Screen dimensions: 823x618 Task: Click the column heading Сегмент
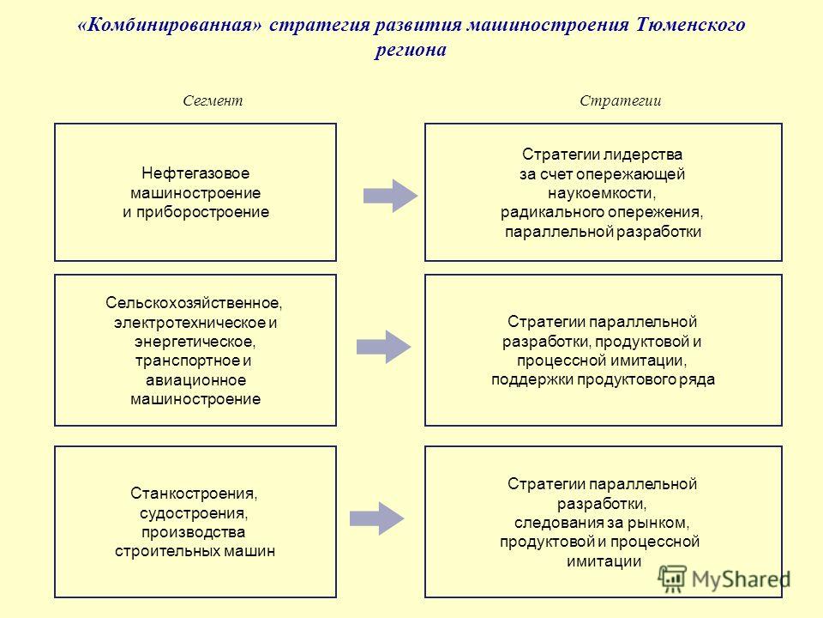point(213,100)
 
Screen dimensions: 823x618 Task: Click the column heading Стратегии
point(621,100)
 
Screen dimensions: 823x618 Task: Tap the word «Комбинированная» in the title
point(169,25)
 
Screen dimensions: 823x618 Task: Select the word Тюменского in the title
point(690,25)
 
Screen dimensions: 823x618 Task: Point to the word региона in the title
point(411,50)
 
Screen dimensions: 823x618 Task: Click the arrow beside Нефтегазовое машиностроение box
point(391,196)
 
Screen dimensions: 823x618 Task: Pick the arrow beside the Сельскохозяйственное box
point(384,347)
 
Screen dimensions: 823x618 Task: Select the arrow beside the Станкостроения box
point(377,518)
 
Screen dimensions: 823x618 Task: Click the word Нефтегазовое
point(195,173)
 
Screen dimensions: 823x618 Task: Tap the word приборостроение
point(202,212)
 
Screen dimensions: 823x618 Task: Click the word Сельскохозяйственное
point(194,303)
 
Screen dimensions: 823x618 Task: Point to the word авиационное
point(195,380)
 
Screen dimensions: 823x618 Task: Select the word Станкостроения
point(194,494)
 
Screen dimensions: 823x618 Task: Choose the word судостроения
point(194,513)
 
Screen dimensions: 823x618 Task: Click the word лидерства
point(642,154)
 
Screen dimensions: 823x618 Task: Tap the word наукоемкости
point(602,193)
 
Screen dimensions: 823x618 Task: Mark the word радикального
point(552,212)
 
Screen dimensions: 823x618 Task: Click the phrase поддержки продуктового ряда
point(603,379)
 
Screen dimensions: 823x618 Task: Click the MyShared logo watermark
point(724,579)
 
